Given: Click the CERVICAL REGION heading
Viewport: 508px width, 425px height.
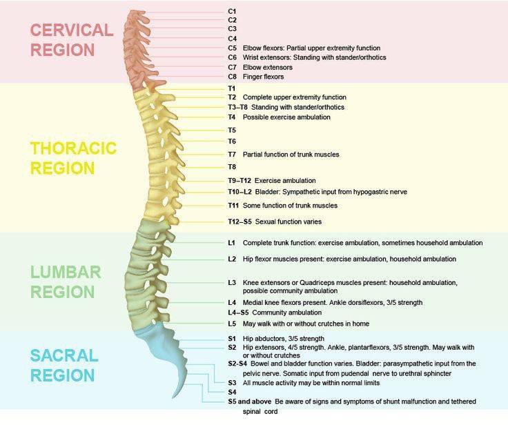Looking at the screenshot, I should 71,39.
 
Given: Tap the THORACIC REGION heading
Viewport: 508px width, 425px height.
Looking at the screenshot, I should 73,158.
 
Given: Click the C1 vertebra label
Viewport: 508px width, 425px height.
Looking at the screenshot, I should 232,11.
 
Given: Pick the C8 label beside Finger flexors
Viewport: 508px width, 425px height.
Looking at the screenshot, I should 232,77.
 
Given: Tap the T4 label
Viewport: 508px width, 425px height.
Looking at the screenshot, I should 232,117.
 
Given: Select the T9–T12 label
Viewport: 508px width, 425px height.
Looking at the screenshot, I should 239,180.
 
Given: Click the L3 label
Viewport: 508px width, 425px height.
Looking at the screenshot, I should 232,282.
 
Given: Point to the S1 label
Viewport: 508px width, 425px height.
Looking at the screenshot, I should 232,338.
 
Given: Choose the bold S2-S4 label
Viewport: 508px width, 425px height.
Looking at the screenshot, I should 238,363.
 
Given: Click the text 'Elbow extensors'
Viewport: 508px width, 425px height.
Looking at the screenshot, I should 268,68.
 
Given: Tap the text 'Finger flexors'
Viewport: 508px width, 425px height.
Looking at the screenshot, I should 264,77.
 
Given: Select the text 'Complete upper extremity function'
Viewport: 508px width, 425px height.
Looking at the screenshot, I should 295,97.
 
